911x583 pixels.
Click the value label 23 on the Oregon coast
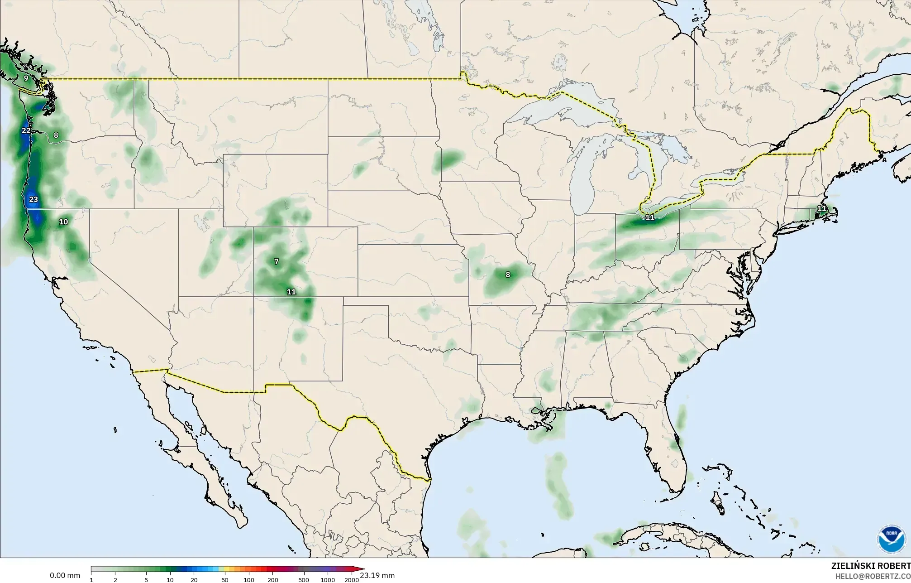(x=33, y=199)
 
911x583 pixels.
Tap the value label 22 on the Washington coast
(x=26, y=131)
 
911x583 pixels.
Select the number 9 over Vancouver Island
(x=26, y=78)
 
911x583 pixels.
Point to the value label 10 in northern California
(x=63, y=222)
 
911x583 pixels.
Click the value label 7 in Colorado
(x=277, y=262)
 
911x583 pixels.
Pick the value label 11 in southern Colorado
(x=291, y=292)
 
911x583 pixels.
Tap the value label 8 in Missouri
(x=508, y=275)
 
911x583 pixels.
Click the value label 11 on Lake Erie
(x=650, y=217)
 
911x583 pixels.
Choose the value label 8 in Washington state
(x=56, y=135)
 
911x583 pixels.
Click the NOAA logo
(x=891, y=539)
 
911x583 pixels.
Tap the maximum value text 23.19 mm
(x=377, y=576)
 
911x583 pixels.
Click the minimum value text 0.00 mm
(x=65, y=576)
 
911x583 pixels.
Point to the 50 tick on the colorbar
(x=225, y=580)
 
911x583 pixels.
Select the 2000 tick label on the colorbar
(x=352, y=580)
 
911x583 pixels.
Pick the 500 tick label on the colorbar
(x=304, y=580)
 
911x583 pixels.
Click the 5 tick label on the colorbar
(x=146, y=580)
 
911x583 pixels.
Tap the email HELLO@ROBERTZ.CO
(x=873, y=576)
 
